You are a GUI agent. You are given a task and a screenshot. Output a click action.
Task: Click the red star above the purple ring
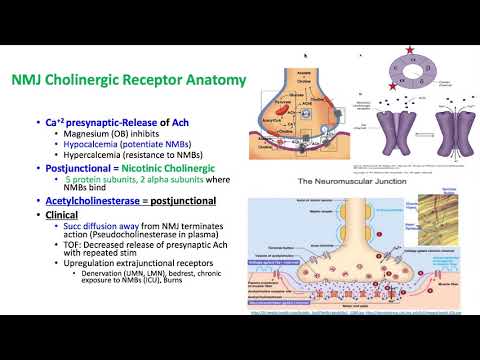point(410,49)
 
